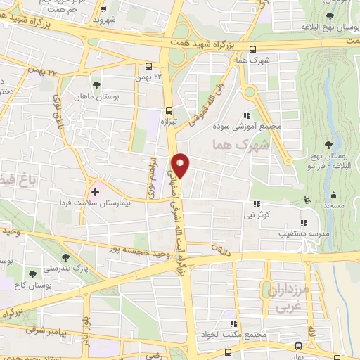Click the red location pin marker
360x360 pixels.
(182, 166)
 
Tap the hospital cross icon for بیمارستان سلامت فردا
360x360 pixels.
(95, 191)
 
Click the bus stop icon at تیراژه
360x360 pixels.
(168, 110)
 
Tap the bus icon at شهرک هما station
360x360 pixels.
(253, 49)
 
